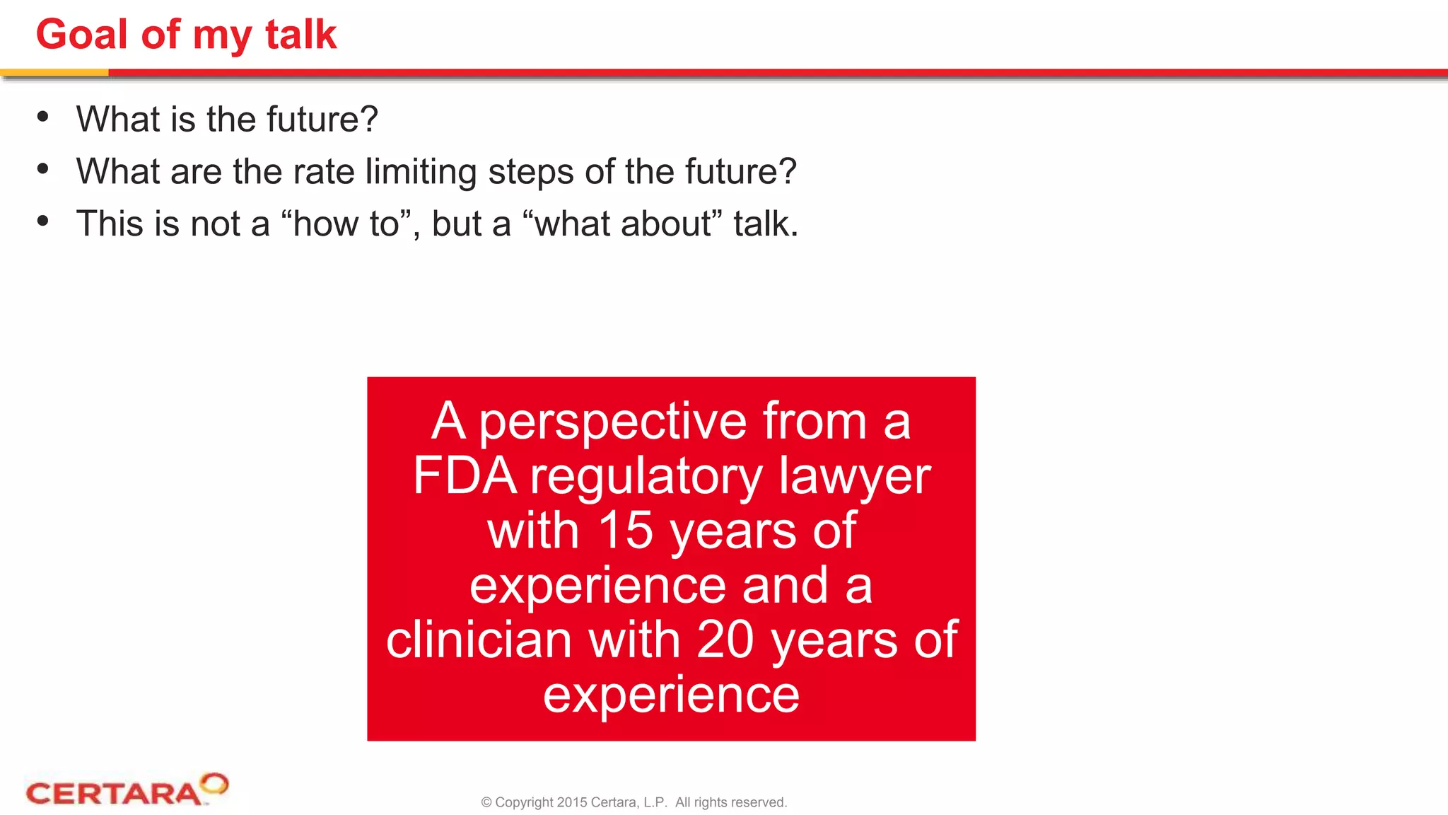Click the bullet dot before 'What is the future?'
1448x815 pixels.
(x=43, y=117)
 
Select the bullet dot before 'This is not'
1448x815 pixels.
(x=43, y=221)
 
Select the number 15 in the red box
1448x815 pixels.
(x=626, y=531)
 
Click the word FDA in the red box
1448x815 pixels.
(x=465, y=475)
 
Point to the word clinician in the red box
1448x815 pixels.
(x=479, y=640)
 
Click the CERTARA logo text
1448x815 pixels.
(x=113, y=793)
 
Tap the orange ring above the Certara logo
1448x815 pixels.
(x=214, y=783)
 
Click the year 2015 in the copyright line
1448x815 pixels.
(x=572, y=802)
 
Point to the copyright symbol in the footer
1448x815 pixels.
(x=486, y=802)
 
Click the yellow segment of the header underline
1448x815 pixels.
(x=54, y=72)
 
